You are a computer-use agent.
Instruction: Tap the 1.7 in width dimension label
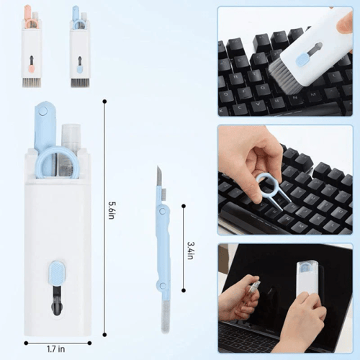(x=57, y=349)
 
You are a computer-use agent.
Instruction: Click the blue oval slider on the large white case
(x=56, y=272)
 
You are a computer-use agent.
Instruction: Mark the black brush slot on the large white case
(x=57, y=302)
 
